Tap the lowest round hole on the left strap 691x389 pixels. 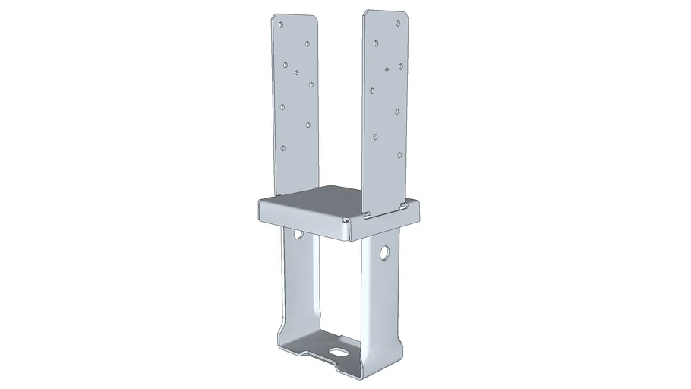click(x=283, y=148)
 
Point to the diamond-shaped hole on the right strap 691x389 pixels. click(x=388, y=69)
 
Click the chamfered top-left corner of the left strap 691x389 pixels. click(x=274, y=16)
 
